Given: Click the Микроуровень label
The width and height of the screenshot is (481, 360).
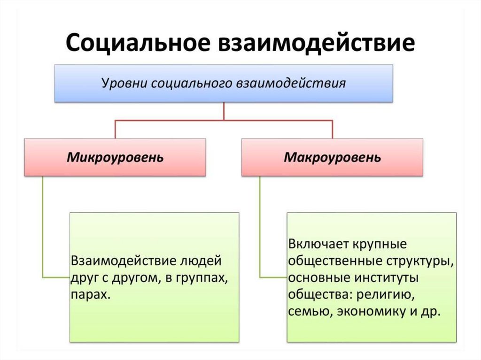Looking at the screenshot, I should tap(115, 157).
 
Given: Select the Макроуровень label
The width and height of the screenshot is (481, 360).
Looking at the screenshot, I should tap(333, 157).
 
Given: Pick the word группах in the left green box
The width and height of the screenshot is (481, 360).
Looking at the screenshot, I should tap(204, 278).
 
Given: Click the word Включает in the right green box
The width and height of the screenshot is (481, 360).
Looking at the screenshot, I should tap(318, 245).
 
